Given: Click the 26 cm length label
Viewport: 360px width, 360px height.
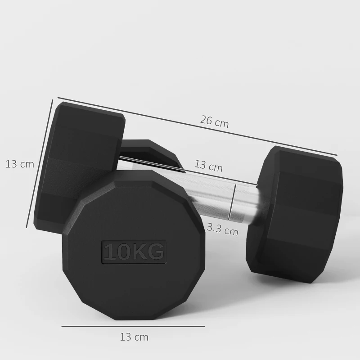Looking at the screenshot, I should pos(215,122).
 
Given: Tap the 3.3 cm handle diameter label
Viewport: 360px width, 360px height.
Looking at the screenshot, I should pos(222,231).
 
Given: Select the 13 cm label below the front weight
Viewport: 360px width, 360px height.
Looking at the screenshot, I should pos(134,336).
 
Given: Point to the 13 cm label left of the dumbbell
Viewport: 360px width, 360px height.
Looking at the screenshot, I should pos(20,164).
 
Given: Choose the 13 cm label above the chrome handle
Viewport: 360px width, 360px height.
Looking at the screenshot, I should pos(208,166).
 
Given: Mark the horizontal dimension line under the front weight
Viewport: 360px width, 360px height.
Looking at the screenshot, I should pos(133,326).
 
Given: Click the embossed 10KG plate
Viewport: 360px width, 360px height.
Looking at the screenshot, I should pos(134,251).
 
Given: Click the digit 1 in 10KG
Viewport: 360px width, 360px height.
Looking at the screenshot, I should pos(109,252).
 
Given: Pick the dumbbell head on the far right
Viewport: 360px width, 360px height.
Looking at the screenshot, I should pos(295,211).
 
